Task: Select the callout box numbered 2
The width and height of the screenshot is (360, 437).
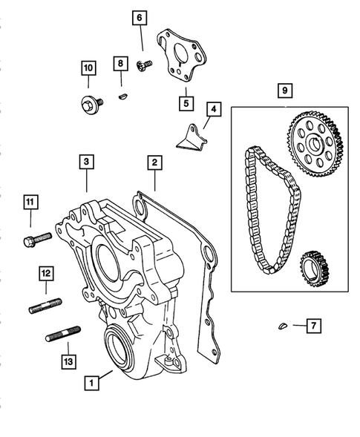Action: pos(154,161)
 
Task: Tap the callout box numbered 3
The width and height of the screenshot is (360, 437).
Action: pos(87,161)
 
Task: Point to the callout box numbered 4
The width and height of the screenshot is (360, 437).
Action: pos(212,109)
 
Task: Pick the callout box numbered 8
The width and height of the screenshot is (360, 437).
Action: pos(120,65)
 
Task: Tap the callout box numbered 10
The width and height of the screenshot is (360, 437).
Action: pos(88,69)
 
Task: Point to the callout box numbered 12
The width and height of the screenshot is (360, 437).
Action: pos(45,274)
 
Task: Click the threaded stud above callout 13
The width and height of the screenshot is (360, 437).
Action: pos(62,336)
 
